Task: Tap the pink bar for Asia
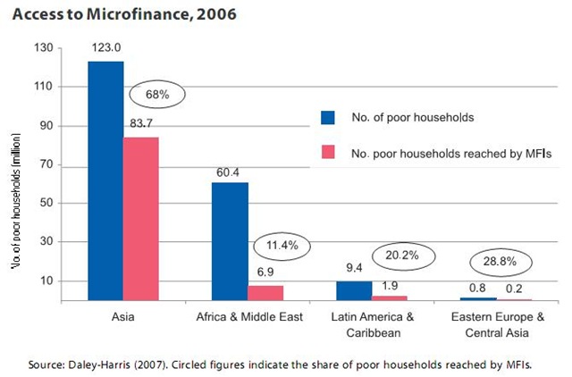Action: pos(141,218)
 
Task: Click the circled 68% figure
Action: pos(156,93)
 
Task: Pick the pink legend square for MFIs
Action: pos(327,153)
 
